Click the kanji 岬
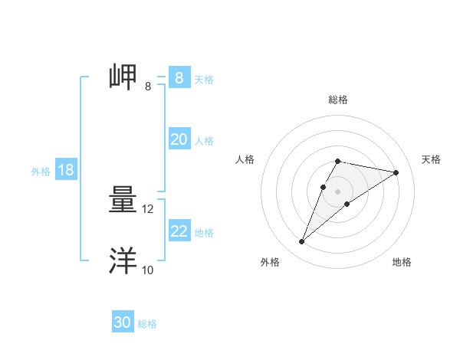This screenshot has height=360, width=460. pos(124,77)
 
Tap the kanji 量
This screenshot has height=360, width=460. pos(124,201)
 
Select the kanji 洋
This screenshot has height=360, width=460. pos(124,260)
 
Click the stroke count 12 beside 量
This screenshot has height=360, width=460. pos(148,208)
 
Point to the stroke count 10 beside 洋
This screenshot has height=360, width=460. pos(148,270)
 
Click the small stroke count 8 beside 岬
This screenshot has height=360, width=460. pos(148,86)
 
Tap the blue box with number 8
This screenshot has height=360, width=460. pos(179,78)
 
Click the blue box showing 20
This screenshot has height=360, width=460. pos(179,139)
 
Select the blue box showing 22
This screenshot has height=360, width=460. pos(179,231)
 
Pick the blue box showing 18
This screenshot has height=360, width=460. pos(66,170)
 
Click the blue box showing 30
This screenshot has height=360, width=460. pos(122,322)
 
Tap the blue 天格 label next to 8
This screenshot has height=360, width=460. pos(204,80)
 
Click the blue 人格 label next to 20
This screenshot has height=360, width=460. pos(204,141)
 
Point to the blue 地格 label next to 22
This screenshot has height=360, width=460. pos(204,232)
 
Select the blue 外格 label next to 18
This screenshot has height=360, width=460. pos(41,172)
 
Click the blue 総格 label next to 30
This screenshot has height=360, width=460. pos(147,324)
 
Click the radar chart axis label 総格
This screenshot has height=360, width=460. pos(338,100)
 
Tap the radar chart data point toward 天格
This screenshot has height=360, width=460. pos(396,172)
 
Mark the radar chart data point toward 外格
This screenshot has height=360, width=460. pos(301,242)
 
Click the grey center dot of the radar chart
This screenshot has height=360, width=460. pos(338,191)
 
